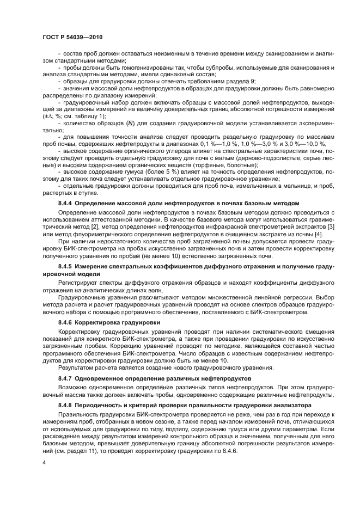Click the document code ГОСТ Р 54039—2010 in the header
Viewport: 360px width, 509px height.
(72, 38)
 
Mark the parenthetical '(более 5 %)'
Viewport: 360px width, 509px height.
(138, 172)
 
